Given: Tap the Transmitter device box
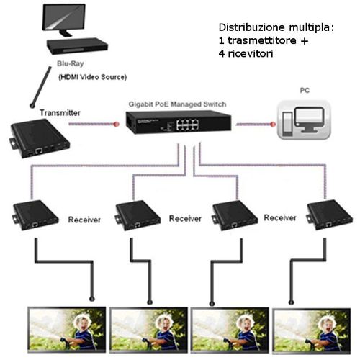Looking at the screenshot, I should (37, 139).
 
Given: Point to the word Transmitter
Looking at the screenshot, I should (60, 113).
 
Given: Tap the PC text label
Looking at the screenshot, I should (305, 91).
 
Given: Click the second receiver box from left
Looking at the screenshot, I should (137, 214).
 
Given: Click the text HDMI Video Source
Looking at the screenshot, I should (93, 77).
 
